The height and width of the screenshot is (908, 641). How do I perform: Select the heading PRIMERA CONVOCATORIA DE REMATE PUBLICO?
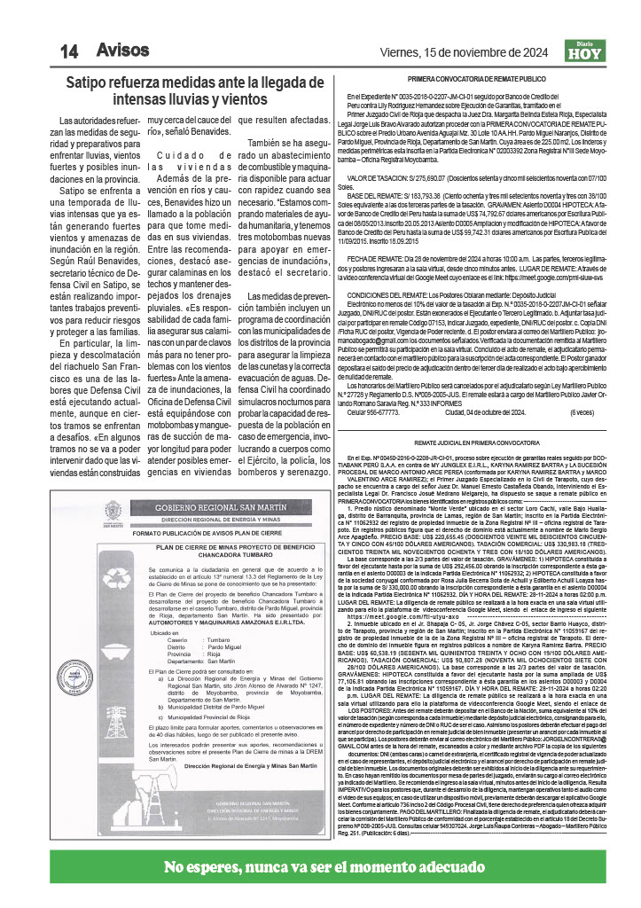tap(476, 79)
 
